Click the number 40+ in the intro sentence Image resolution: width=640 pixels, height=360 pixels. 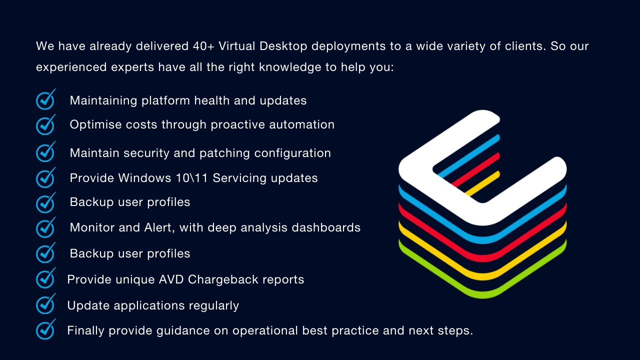[x=204, y=46]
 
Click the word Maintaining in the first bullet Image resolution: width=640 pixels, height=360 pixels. [x=103, y=100]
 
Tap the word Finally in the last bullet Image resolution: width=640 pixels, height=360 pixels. [x=86, y=330]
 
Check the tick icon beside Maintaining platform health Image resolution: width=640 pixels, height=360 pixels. [x=45, y=99]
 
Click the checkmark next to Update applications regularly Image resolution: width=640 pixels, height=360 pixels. [x=45, y=304]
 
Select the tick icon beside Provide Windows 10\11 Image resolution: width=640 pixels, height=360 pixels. [x=45, y=177]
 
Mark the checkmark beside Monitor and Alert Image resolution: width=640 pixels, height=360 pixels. [x=45, y=227]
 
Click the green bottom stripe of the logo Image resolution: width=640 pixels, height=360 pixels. [x=482, y=290]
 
